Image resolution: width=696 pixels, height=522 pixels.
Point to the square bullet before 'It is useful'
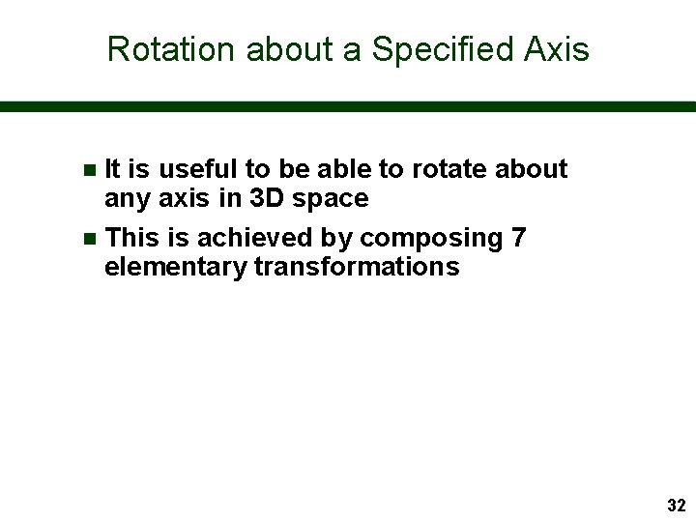point(90,170)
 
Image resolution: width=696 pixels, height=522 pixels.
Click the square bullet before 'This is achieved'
point(90,238)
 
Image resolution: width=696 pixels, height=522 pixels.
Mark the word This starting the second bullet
point(129,237)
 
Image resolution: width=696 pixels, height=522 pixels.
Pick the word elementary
point(175,267)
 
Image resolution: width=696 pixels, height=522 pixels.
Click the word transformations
point(357,267)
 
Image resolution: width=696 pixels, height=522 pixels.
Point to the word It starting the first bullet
point(111,169)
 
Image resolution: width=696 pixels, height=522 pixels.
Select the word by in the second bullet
point(337,238)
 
